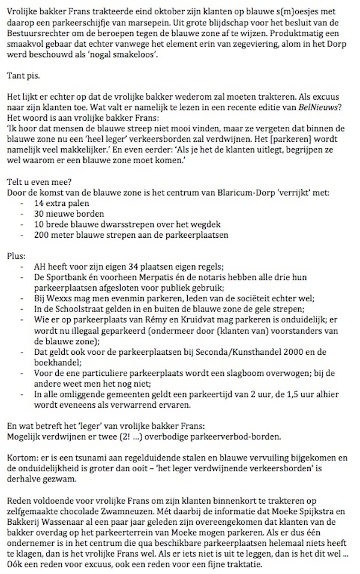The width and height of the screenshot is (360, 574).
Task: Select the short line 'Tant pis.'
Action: tap(22, 76)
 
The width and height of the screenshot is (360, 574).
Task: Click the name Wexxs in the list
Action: tap(58, 299)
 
